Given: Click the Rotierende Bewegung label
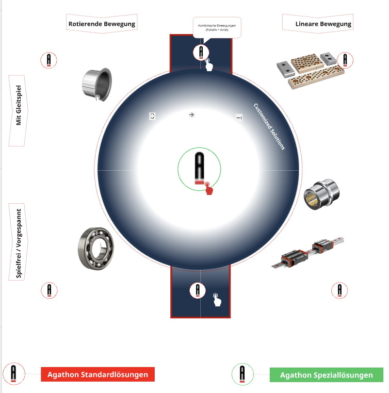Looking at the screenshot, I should coord(102,24).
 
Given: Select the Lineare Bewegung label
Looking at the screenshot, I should coord(323,24).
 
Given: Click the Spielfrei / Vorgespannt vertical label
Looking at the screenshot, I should coord(19,243).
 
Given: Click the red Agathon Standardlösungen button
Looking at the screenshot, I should coord(98,375).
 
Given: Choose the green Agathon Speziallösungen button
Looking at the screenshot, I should coord(326,375).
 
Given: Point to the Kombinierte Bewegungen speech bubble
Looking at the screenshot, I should coord(217,27).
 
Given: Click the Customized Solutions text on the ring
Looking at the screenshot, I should coord(269,126).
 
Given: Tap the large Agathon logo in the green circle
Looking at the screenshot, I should coord(200,167).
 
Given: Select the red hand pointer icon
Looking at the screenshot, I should coord(208,189).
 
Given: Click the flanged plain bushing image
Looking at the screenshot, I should coord(96,84).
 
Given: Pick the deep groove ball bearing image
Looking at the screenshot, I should coord(98,249).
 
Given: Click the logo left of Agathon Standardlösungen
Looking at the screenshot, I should coord(13,373).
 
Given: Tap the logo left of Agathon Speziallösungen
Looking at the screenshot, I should coord(242,374).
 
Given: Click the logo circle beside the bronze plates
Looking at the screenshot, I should coord(345,60).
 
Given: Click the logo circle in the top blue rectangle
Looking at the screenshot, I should coord(201,52).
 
